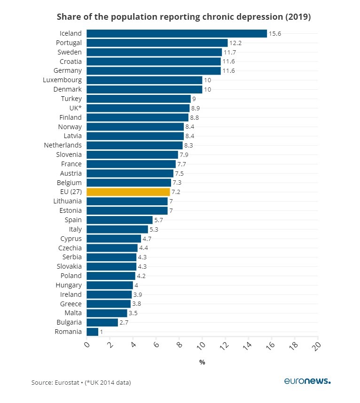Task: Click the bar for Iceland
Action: point(176,33)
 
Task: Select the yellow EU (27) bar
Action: point(128,192)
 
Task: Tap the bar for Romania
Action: point(93,332)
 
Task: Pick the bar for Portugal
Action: point(157,43)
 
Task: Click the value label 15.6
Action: point(275,33)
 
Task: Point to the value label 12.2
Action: point(235,43)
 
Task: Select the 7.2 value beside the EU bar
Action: point(176,192)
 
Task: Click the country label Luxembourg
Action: point(63,80)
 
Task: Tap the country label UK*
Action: point(75,108)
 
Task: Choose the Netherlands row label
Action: point(63,145)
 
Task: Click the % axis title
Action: point(202,362)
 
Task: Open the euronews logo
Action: point(307,381)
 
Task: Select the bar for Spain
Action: point(119,220)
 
